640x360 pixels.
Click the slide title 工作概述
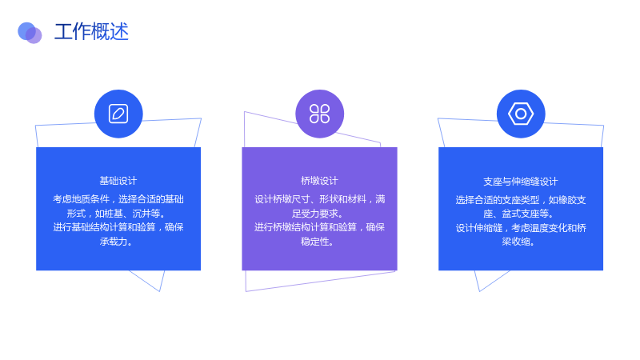tap(91, 32)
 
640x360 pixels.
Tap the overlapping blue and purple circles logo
tap(30, 33)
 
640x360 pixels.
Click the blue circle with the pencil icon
tap(118, 114)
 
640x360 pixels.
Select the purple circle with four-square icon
tap(319, 114)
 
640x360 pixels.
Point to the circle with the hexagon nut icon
tap(521, 114)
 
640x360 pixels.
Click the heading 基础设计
tap(118, 181)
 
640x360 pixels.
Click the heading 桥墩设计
tap(319, 181)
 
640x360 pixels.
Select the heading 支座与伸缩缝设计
tap(521, 182)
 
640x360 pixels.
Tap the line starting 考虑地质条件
tap(118, 199)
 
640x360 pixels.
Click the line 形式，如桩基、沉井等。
tap(116, 214)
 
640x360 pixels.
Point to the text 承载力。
tap(116, 242)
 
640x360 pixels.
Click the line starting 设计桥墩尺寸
tap(319, 199)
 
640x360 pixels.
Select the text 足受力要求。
tap(317, 214)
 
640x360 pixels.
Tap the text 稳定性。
tap(317, 242)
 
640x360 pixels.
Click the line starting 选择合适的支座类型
tap(521, 200)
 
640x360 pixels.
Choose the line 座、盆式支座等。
tap(518, 214)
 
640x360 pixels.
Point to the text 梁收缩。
tap(518, 242)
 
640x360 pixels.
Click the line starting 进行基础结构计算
tap(118, 227)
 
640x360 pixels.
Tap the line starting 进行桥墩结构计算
tap(319, 227)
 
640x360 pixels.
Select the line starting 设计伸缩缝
tap(521, 228)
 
